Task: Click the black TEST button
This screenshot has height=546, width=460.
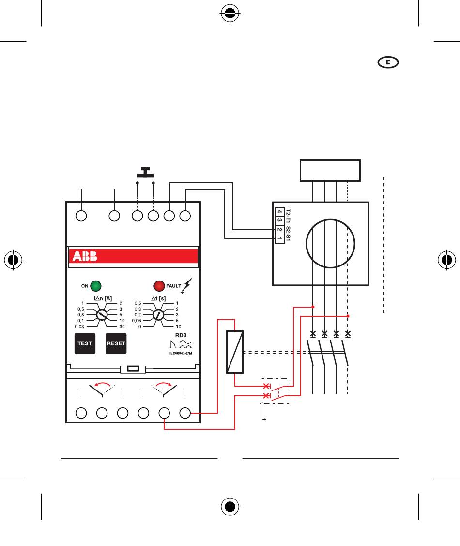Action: pos(85,343)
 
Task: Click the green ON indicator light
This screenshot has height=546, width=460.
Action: pos(96,285)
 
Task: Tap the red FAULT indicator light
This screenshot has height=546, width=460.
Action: pos(159,285)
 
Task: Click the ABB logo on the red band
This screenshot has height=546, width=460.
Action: pos(85,256)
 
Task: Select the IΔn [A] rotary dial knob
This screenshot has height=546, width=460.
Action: pos(102,315)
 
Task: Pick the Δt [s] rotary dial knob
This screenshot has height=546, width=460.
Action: pos(158,315)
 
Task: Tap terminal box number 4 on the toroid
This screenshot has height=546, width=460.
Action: pos(279,212)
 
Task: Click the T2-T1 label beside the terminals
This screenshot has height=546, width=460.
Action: pos(288,216)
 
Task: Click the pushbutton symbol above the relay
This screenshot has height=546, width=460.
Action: pos(145,172)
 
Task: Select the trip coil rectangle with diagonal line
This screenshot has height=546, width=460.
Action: pos(234,352)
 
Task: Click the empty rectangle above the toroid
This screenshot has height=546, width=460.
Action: pos(331,170)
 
